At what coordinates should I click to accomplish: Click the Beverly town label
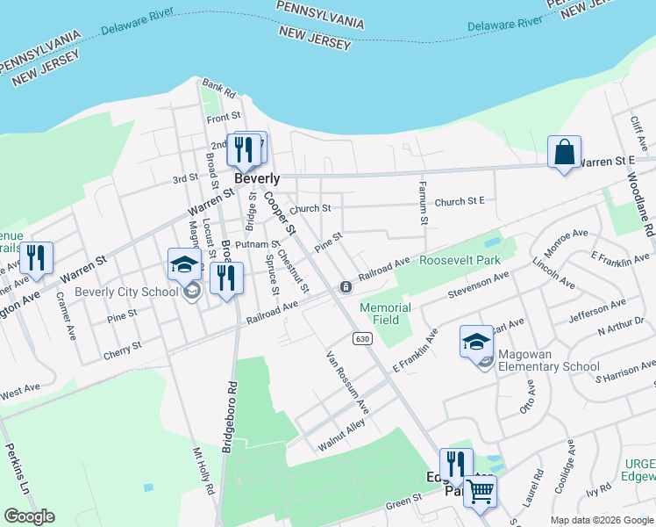pyautogui.click(x=257, y=177)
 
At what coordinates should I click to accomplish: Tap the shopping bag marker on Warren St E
pyautogui.click(x=564, y=152)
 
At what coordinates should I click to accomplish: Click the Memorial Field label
pyautogui.click(x=386, y=314)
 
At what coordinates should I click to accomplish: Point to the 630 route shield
pyautogui.click(x=362, y=338)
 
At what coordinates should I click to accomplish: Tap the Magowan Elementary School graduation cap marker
pyautogui.click(x=476, y=343)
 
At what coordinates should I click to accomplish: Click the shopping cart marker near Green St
pyautogui.click(x=480, y=493)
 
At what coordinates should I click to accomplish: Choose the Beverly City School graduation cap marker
pyautogui.click(x=185, y=264)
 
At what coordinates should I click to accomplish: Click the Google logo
pyautogui.click(x=29, y=516)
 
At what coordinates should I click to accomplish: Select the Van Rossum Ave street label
pyautogui.click(x=347, y=383)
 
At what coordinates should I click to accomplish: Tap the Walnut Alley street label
pyautogui.click(x=342, y=436)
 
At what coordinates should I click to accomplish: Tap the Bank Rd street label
pyautogui.click(x=219, y=89)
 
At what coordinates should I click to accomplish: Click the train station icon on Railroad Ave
pyautogui.click(x=346, y=287)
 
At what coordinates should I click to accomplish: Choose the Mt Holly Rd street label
pyautogui.click(x=203, y=471)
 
